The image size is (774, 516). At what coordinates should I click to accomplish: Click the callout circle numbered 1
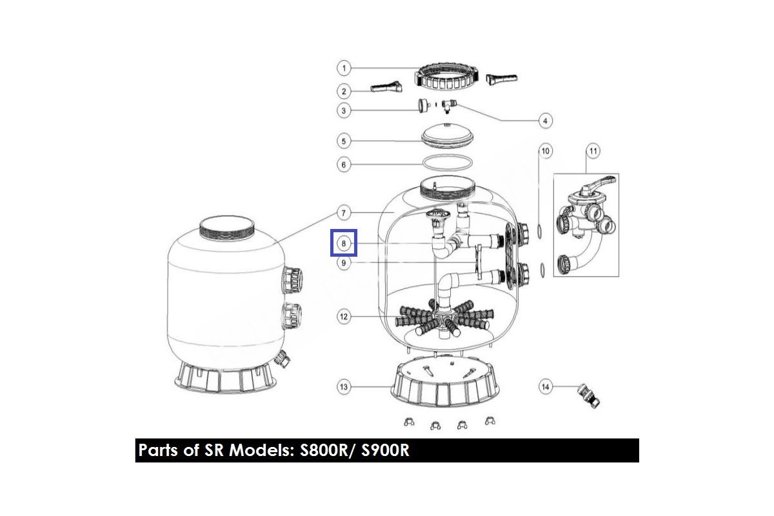click(x=343, y=68)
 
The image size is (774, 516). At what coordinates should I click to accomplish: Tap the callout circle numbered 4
click(x=545, y=121)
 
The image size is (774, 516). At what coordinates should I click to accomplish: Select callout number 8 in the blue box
click(x=343, y=243)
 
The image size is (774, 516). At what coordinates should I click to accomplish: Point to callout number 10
click(x=545, y=151)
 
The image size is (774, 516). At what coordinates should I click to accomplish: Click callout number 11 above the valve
click(x=593, y=151)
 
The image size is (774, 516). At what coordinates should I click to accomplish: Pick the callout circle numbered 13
click(x=343, y=387)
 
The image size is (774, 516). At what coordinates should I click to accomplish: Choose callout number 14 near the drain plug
click(x=545, y=387)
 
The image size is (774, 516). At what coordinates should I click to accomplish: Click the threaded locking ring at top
click(x=447, y=79)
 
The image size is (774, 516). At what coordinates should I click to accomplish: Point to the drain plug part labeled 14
click(x=589, y=395)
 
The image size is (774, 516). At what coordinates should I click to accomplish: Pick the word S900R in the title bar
click(x=385, y=450)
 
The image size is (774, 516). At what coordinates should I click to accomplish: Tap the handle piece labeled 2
click(x=386, y=86)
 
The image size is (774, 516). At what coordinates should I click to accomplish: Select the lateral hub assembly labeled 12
click(x=444, y=319)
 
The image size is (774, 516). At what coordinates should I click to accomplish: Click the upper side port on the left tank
click(x=293, y=280)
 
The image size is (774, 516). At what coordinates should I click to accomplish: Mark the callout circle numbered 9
click(x=343, y=263)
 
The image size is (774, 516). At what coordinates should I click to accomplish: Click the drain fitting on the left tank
click(x=283, y=359)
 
